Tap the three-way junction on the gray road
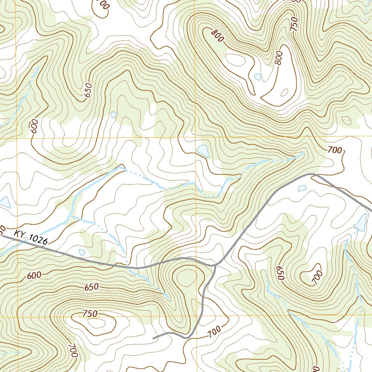click(215, 265)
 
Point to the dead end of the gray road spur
click(154, 338)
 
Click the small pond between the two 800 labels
click(258, 77)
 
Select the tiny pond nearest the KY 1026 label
click(82, 252)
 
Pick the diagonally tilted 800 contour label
click(217, 36)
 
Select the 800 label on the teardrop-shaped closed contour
click(278, 58)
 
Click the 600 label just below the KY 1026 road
click(34, 276)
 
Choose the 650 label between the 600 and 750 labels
click(91, 287)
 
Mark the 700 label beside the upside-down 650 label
click(317, 278)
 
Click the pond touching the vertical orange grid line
click(202, 151)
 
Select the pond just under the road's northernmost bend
click(302, 188)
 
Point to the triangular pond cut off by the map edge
click(4, 202)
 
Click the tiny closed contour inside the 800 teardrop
click(285, 92)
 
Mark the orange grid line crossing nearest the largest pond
click(195, 138)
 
